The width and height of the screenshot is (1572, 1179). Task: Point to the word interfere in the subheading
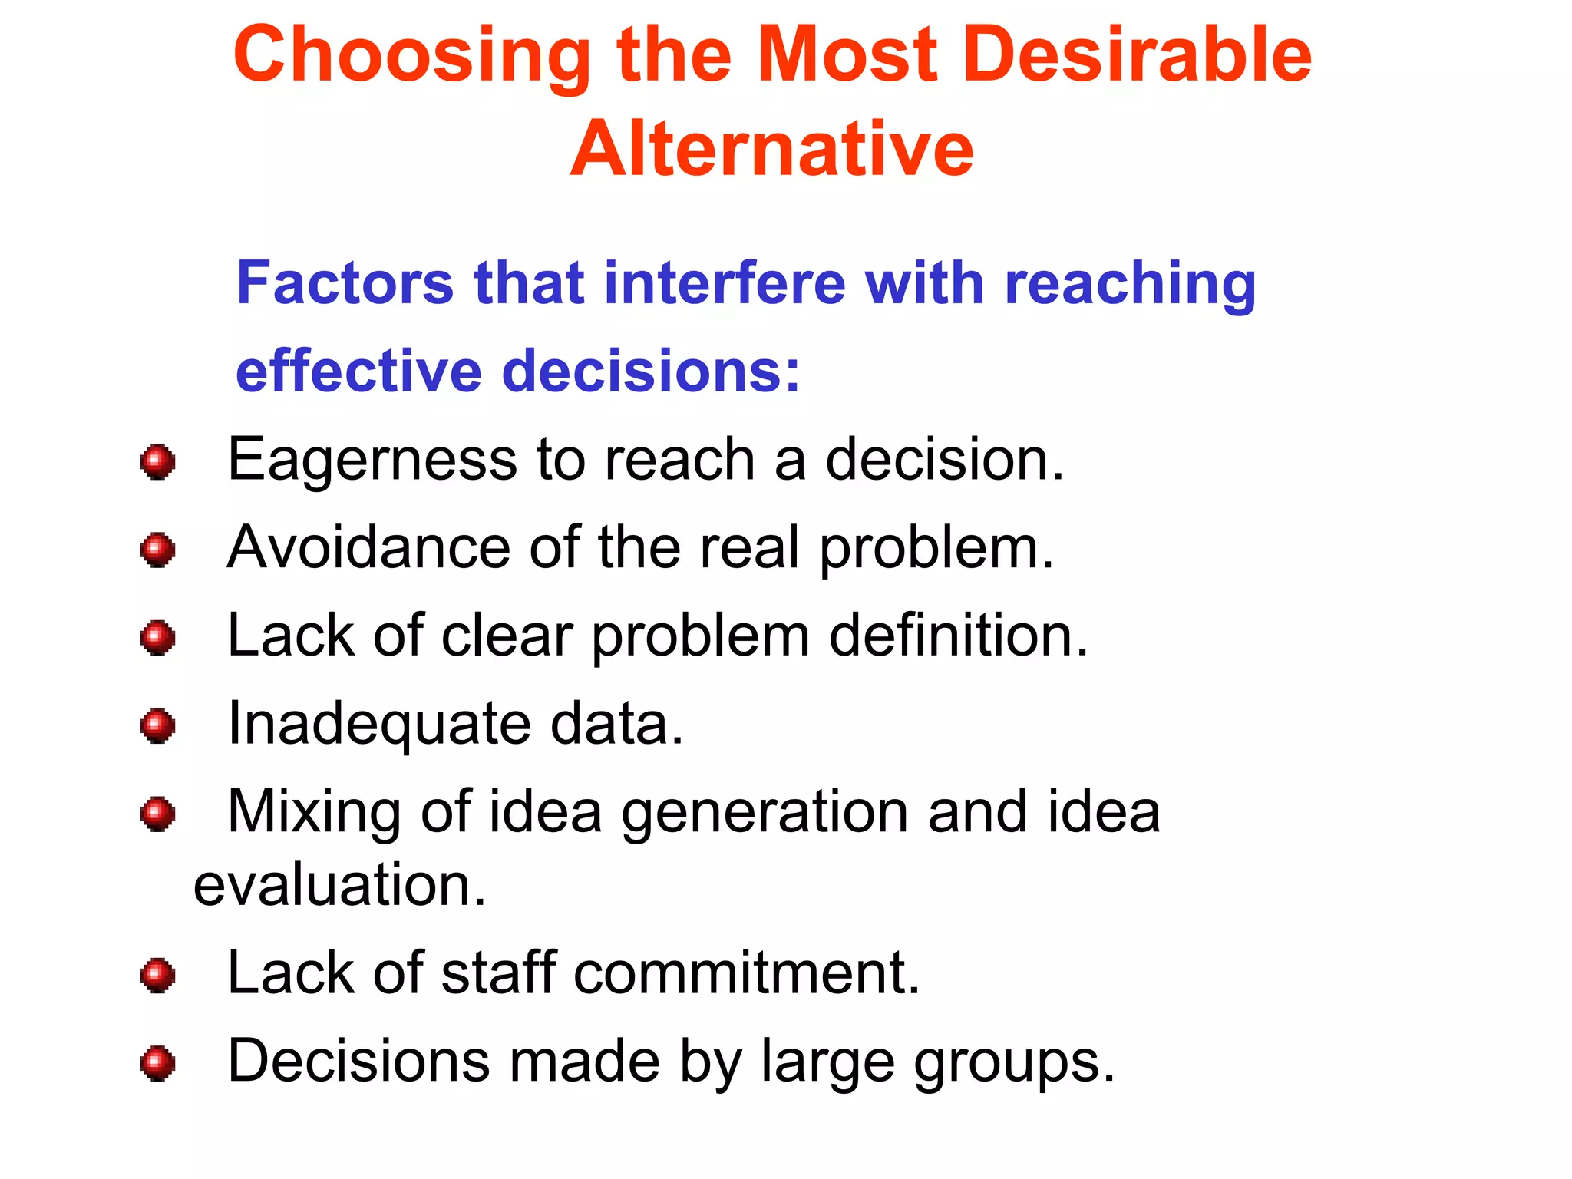pos(725,283)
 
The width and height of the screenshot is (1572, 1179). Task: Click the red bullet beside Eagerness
pos(158,461)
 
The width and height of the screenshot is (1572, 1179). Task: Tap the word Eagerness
pos(372,461)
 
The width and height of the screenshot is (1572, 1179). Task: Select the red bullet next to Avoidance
pos(158,550)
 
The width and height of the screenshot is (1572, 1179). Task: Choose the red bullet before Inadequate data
pos(158,725)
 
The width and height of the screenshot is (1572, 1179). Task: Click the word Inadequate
pos(379,725)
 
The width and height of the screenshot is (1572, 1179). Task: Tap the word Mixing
pos(314,813)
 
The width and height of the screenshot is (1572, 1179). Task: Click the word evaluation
pos(339,885)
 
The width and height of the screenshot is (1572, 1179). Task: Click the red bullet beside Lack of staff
pos(158,976)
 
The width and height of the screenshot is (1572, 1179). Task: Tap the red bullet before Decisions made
pos(158,1064)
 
